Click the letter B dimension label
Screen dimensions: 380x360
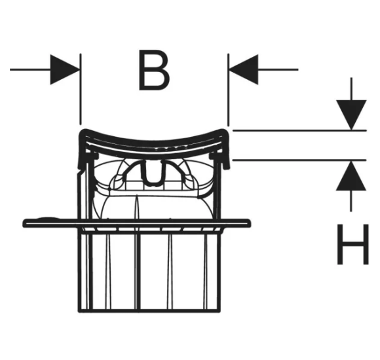tap(154, 70)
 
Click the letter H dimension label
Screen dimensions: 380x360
tap(353, 244)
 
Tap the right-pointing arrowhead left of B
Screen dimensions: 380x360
tap(65, 70)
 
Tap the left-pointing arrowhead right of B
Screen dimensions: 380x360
tap(244, 70)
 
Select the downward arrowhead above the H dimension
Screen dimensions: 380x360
tap(351, 115)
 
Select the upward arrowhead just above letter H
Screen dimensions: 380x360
tap(351, 176)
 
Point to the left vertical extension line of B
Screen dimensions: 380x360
tap(81, 89)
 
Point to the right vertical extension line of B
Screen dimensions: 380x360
tap(228, 90)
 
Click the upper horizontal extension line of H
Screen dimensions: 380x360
tap(299, 130)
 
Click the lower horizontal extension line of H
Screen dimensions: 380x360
tap(299, 160)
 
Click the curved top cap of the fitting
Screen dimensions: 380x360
tap(154, 143)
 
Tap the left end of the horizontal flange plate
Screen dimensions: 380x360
tap(24, 223)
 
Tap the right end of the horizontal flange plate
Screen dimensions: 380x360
tap(249, 223)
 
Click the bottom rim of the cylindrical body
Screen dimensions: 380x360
tap(149, 311)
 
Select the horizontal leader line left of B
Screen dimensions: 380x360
tap(30, 70)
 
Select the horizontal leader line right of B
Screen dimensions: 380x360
tap(278, 70)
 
